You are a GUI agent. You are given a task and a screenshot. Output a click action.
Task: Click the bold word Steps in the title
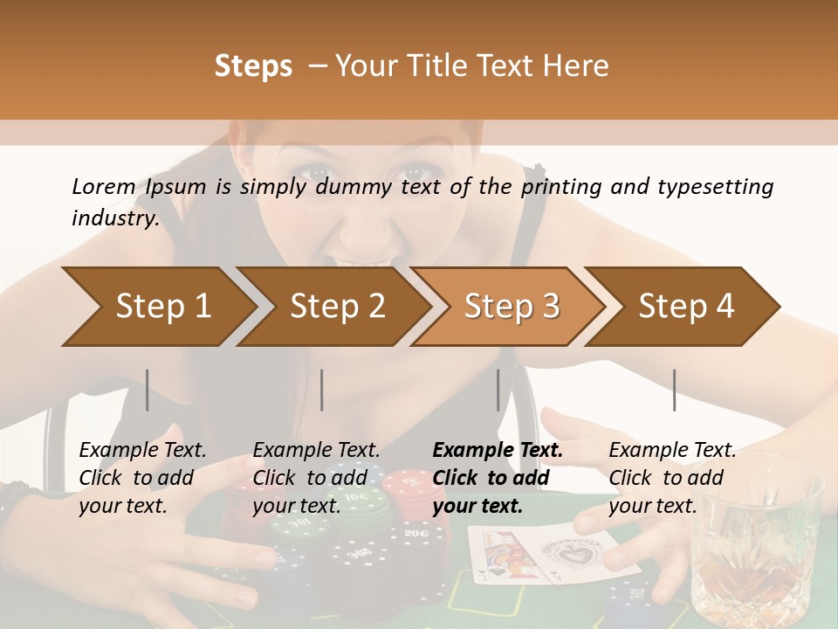(253, 66)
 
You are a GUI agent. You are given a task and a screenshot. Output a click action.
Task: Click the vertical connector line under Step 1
(148, 390)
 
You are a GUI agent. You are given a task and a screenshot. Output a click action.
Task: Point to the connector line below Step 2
(322, 390)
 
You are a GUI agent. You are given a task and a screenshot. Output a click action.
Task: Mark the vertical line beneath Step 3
(498, 390)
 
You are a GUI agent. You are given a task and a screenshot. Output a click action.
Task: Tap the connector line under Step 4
(675, 390)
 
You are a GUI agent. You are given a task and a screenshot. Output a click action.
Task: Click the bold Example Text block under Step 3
(498, 478)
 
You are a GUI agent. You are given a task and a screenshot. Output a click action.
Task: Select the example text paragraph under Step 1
(142, 478)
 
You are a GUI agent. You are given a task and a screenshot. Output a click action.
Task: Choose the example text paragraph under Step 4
(672, 478)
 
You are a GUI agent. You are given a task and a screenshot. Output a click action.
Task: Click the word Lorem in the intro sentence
(103, 187)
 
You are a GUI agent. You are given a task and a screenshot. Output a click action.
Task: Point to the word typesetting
(715, 187)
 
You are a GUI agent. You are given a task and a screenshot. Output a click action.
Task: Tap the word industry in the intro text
(114, 218)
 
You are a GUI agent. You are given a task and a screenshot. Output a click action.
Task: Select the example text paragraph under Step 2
(316, 478)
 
